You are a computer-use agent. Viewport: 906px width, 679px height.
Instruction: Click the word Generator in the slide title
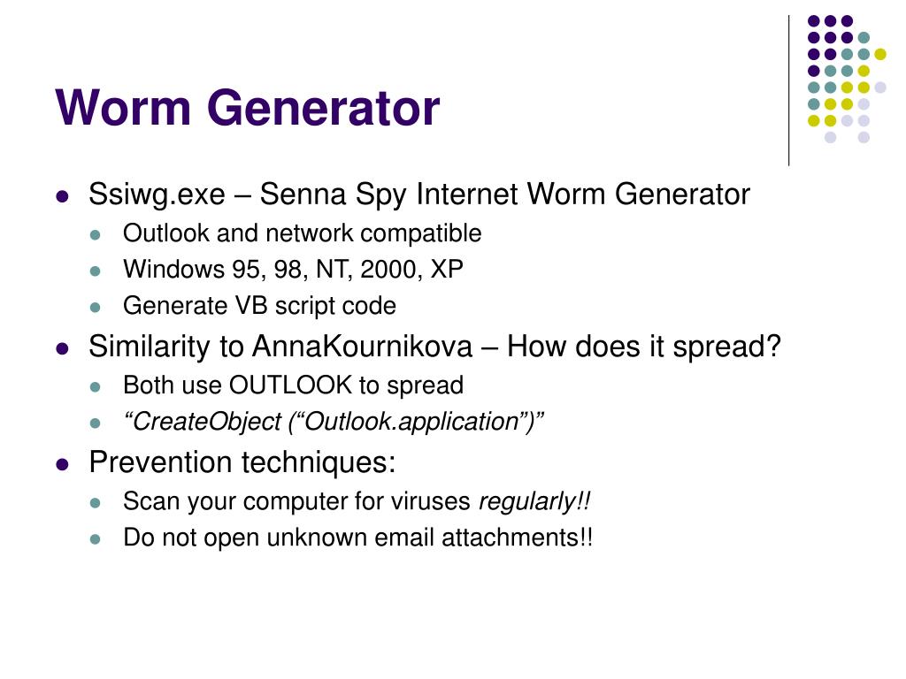tap(324, 109)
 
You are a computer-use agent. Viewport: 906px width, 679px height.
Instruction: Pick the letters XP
tap(447, 270)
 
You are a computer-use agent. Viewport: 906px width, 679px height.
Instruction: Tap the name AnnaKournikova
tap(362, 347)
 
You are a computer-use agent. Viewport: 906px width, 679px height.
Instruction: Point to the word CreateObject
tap(208, 422)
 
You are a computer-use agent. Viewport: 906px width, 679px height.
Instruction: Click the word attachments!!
tap(523, 538)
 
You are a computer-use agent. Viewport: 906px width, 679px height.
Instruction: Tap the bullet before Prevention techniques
tap(62, 463)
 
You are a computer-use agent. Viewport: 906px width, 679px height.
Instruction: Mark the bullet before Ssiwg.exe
tap(62, 196)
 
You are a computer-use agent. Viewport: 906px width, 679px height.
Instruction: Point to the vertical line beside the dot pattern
tap(788, 88)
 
